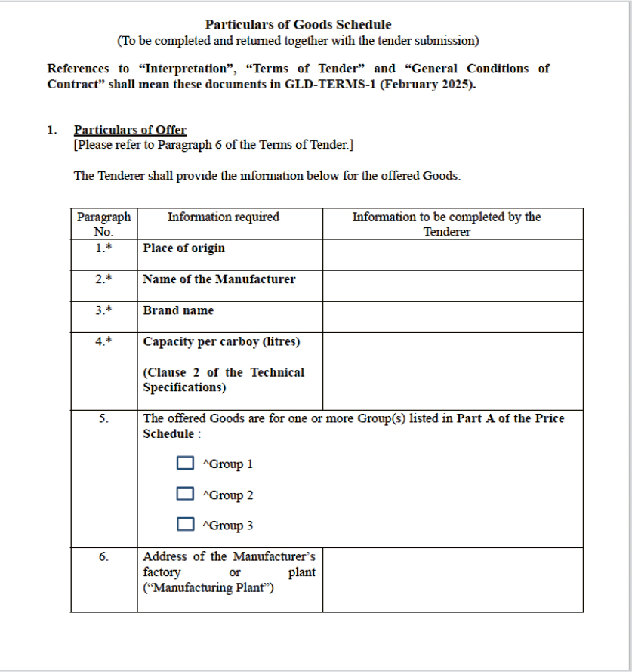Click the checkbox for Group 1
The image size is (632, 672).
click(185, 463)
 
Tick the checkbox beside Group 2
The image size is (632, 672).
click(185, 494)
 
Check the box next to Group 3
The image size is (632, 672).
click(185, 524)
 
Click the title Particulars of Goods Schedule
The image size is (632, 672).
click(298, 25)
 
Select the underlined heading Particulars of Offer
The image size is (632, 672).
click(130, 130)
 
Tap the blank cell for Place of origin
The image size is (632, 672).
click(452, 255)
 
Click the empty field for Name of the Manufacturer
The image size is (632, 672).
click(452, 286)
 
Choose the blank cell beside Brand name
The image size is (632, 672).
click(452, 317)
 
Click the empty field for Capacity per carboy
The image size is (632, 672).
click(452, 371)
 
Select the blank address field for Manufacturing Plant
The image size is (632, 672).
click(452, 579)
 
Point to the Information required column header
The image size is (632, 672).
click(224, 217)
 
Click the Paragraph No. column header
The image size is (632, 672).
click(103, 224)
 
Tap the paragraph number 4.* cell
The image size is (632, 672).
click(103, 341)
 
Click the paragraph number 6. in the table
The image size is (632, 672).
click(103, 557)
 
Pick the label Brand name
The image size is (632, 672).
click(178, 310)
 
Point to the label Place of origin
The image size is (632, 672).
click(183, 248)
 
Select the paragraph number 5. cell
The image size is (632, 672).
click(103, 418)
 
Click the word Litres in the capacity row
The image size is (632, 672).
click(281, 341)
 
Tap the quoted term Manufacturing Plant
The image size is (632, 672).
click(208, 587)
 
